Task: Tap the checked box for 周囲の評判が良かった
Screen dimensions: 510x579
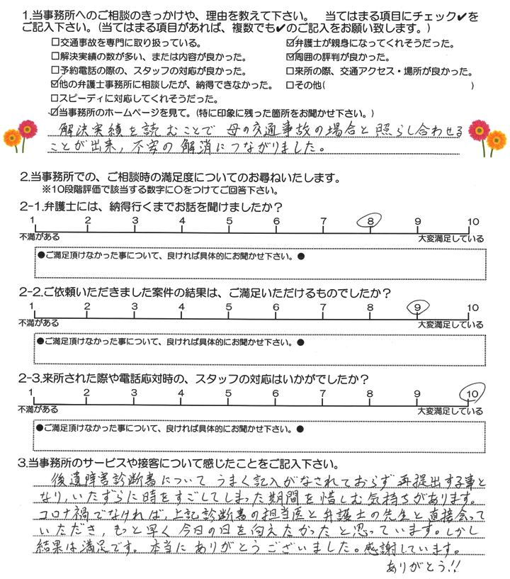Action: [289, 58]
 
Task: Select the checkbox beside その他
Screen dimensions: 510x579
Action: [289, 86]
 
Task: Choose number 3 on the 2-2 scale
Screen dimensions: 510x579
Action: [134, 308]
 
